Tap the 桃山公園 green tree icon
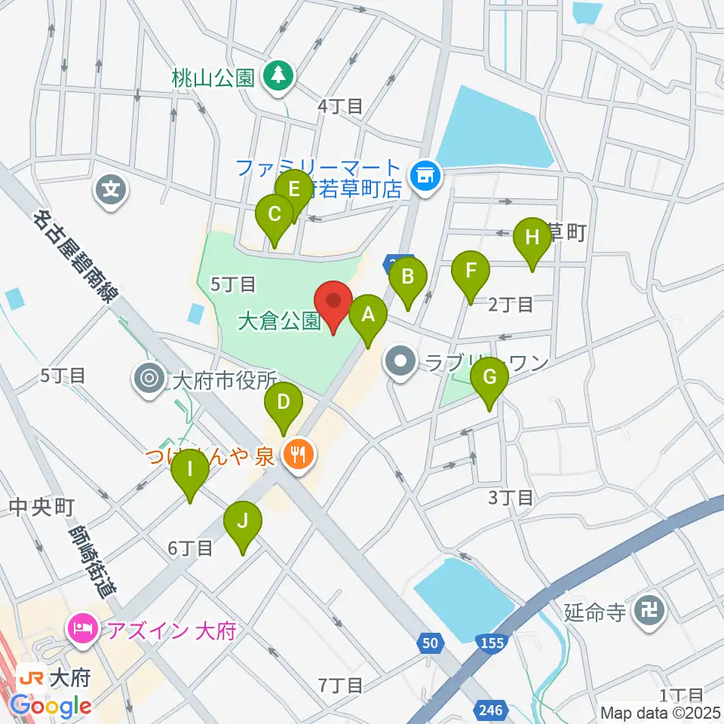click(278, 75)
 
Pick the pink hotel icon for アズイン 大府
click(81, 627)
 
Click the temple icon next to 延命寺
click(648, 609)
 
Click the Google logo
click(51, 705)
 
